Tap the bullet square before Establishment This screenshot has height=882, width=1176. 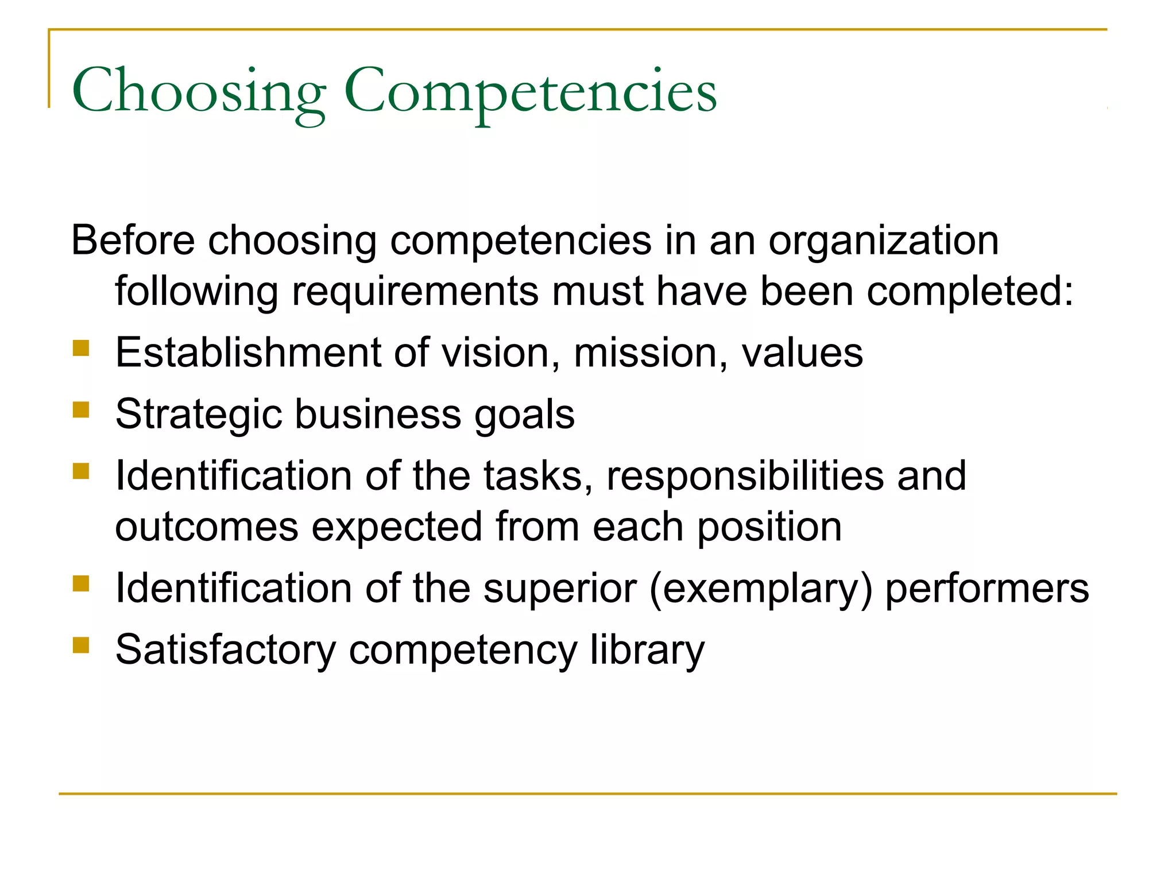click(81, 349)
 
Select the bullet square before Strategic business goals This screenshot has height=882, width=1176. click(81, 410)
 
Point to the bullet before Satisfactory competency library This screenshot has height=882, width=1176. click(81, 645)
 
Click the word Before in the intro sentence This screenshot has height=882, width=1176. click(133, 240)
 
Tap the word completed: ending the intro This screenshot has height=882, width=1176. click(970, 292)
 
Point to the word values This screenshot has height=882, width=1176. click(802, 353)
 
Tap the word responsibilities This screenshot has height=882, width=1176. click(745, 476)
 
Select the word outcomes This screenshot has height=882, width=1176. click(207, 527)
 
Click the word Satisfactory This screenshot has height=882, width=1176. click(226, 650)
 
